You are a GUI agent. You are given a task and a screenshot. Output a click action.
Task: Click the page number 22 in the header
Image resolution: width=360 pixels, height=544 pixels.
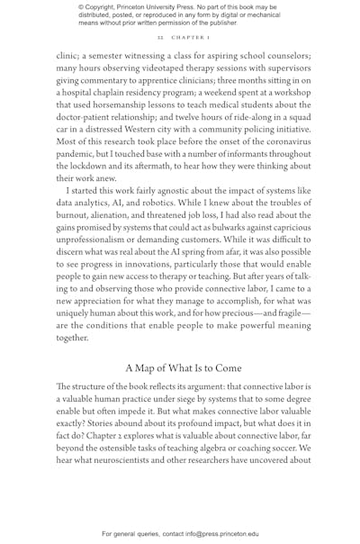[159, 39]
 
